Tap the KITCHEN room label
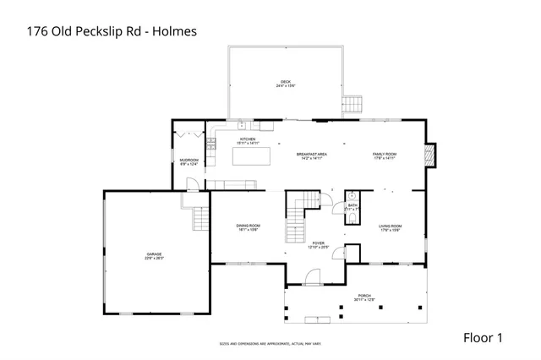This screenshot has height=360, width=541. [x=248, y=140]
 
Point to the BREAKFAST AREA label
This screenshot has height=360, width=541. [x=312, y=155]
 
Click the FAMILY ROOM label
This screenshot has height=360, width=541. [x=385, y=155]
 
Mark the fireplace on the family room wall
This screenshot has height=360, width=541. [x=431, y=155]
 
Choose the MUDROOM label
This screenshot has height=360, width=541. [x=189, y=161]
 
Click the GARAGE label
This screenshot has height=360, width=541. [x=154, y=255]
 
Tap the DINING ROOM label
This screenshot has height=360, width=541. [x=248, y=226]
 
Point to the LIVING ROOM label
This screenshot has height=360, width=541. [x=390, y=227]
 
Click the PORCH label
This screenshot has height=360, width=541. [x=364, y=297]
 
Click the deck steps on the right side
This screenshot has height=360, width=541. [x=354, y=105]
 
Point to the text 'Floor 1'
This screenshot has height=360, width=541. [x=483, y=337]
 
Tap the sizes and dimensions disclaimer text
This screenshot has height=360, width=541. [x=270, y=344]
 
